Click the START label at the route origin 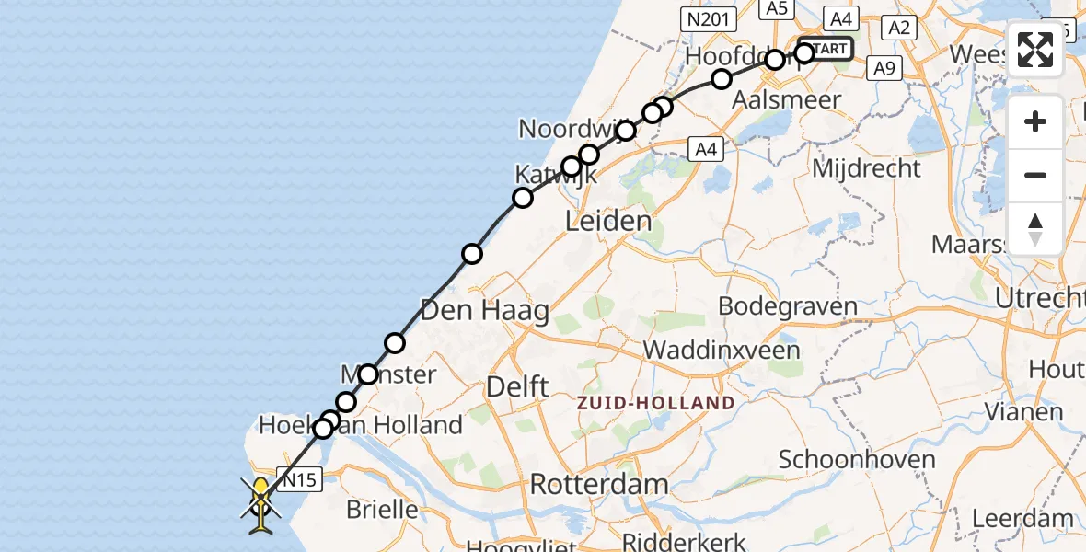click(x=830, y=48)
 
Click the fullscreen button click(x=1035, y=50)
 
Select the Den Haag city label click(x=484, y=310)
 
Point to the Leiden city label click(x=608, y=221)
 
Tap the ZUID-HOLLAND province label click(x=656, y=403)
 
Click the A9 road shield click(x=884, y=67)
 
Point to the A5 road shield click(x=777, y=8)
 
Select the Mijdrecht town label click(x=866, y=167)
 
